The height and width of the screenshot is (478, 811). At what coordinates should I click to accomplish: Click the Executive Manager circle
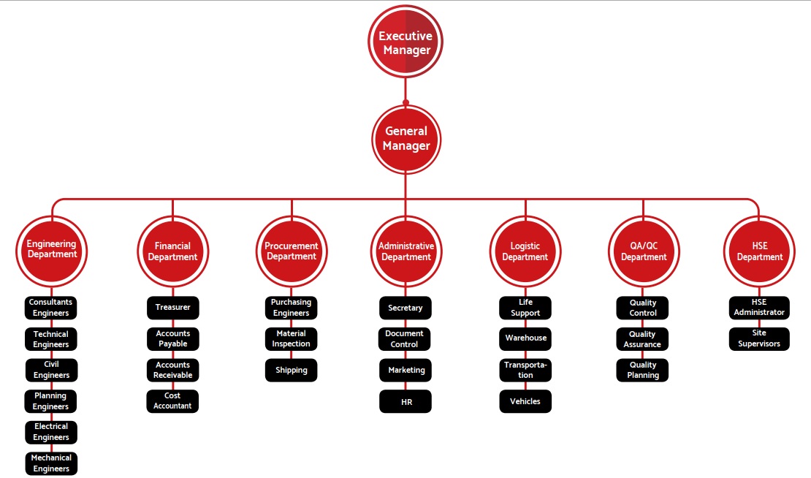[405, 42]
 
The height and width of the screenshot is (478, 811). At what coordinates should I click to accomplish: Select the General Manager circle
[406, 139]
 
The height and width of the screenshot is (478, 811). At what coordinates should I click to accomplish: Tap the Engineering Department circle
[52, 250]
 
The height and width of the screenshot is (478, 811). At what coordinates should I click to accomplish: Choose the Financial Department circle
[172, 251]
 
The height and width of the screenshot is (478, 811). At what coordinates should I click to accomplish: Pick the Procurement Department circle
[292, 251]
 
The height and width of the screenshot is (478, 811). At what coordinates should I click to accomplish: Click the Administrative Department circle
[406, 251]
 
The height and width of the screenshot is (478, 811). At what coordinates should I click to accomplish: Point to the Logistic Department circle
[525, 251]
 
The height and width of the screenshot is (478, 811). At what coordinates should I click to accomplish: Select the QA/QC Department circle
[644, 251]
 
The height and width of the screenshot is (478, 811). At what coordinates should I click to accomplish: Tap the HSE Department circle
[759, 251]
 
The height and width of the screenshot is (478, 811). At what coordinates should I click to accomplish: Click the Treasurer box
[172, 308]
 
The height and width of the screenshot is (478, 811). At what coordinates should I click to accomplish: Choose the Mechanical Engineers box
[51, 463]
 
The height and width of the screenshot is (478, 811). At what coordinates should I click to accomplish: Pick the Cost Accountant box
[172, 401]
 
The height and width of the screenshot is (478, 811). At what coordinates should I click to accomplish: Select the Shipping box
[292, 370]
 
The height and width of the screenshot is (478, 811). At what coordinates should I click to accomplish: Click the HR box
[405, 401]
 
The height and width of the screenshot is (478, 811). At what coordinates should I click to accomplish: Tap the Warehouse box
[525, 338]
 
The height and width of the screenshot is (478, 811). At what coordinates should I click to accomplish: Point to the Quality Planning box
[643, 370]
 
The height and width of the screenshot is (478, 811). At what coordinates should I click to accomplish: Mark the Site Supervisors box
[759, 338]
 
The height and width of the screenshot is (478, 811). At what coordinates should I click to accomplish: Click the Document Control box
[405, 338]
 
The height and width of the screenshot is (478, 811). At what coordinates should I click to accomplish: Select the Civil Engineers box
[51, 370]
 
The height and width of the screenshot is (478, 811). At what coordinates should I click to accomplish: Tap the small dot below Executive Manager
[405, 102]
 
